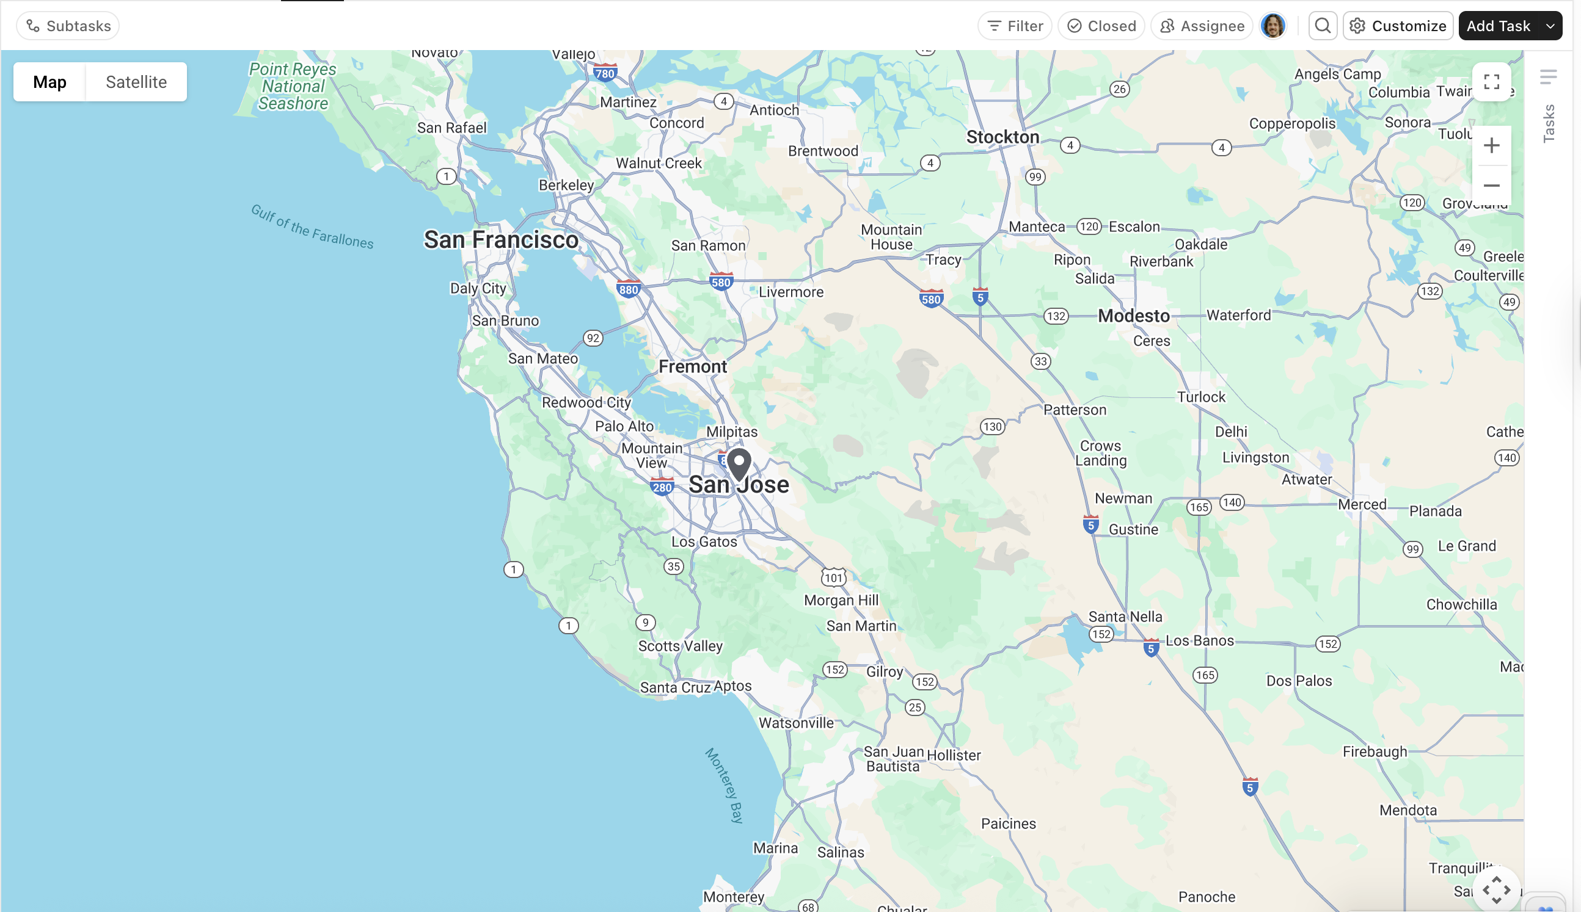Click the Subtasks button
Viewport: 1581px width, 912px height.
coord(68,26)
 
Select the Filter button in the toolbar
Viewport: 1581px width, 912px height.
coord(1015,26)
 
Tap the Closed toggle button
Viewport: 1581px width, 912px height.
coord(1101,26)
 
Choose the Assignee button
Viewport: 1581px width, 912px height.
coord(1201,26)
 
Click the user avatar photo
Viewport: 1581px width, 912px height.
coord(1272,26)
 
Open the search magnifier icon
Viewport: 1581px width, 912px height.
coord(1322,26)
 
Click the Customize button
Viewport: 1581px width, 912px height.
coord(1397,26)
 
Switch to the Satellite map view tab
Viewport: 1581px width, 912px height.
coord(136,82)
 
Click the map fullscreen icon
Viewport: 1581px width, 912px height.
coord(1491,82)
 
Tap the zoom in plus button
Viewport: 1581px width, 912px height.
coord(1491,146)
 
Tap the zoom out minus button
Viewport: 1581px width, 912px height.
coord(1491,186)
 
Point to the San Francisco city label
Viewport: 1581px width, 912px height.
coord(501,240)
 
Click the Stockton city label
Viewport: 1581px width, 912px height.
coord(1002,137)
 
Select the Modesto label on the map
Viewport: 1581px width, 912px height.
coord(1133,316)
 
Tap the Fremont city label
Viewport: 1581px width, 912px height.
coord(692,367)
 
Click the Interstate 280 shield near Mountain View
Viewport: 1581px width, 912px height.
coord(662,487)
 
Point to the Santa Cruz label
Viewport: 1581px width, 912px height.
coord(674,688)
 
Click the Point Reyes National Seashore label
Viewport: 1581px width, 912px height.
coord(293,87)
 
